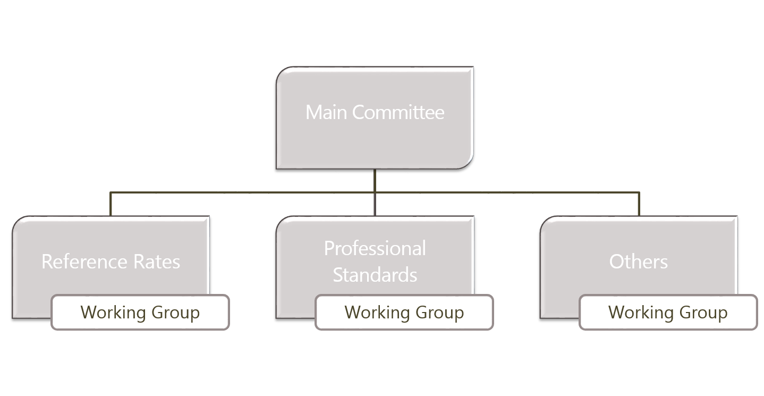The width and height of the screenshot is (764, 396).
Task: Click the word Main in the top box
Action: (326, 112)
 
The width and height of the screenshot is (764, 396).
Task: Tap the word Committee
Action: (398, 112)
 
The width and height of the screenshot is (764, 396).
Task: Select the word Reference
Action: (84, 262)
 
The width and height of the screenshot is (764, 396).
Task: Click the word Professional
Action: (375, 248)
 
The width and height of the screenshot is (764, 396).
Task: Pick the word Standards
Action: (375, 275)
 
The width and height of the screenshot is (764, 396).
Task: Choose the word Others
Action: (638, 262)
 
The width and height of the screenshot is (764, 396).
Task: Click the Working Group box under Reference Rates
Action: (140, 313)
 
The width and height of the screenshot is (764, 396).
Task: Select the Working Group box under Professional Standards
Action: (404, 313)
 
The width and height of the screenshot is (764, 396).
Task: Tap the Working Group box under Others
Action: (668, 313)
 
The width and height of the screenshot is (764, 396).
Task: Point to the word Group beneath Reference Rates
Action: (176, 313)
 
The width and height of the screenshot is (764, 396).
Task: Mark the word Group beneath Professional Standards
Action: (440, 313)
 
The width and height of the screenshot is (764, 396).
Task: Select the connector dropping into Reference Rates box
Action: (111, 204)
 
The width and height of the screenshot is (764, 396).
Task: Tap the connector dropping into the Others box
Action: (639, 204)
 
